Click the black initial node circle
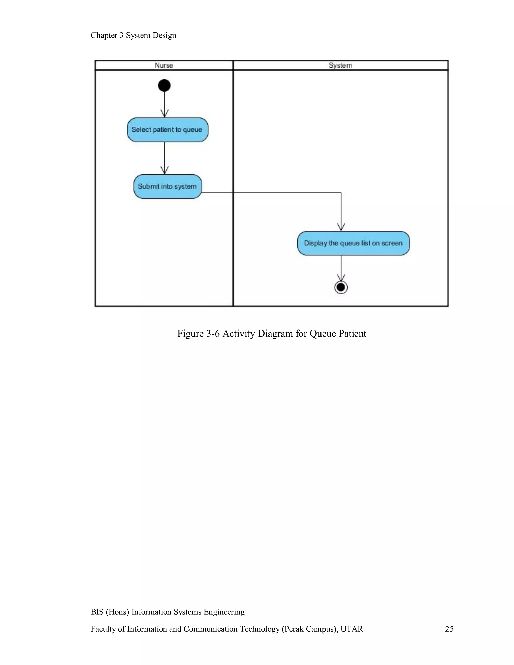click(x=164, y=85)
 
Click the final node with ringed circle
click(x=341, y=287)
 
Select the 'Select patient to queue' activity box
click(x=167, y=130)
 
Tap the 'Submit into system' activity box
click(x=167, y=186)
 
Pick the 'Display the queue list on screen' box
click(x=353, y=243)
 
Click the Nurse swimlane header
click(x=164, y=65)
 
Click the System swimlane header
click(x=340, y=65)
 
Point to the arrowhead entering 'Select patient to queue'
click(x=164, y=114)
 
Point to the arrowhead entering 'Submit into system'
click(x=164, y=171)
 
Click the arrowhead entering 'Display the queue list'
click(x=341, y=228)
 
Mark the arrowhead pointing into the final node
click(x=341, y=278)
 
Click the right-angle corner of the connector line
click(x=341, y=193)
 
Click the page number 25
click(x=449, y=629)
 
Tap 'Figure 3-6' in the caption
click(x=198, y=334)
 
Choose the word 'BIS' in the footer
click(x=97, y=612)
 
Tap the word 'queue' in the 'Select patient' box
click(x=192, y=130)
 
